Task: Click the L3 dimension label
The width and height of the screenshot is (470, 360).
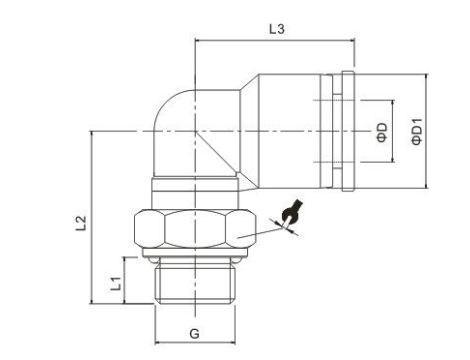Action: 277,30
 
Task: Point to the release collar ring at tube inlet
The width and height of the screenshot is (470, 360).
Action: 347,130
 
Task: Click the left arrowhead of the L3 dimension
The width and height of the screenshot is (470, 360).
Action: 198,41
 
